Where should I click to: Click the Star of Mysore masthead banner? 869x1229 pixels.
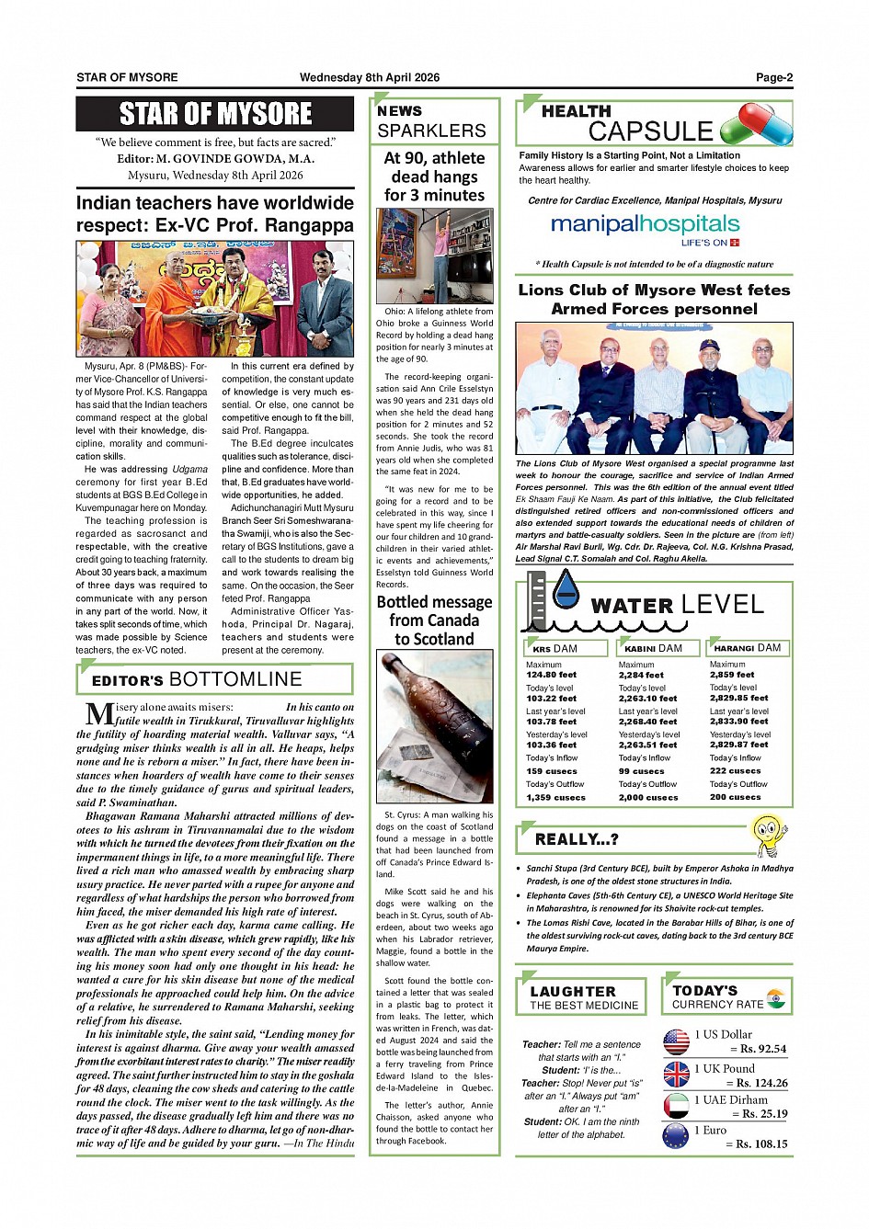point(215,114)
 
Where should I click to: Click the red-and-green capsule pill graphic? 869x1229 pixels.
point(756,124)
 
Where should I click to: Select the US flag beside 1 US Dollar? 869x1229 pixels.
point(676,1041)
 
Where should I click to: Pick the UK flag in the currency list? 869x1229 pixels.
point(676,1075)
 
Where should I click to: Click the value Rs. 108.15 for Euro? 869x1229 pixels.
point(760,1144)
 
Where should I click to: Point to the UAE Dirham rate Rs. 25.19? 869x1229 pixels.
point(760,1114)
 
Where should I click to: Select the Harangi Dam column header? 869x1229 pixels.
point(747,648)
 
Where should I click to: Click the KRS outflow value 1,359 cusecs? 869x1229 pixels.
point(555,797)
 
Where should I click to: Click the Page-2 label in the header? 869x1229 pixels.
point(773,78)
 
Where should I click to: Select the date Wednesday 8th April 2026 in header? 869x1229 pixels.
point(369,78)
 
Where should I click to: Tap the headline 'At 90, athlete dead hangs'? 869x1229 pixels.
point(434,176)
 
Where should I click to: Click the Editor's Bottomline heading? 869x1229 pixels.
point(197,680)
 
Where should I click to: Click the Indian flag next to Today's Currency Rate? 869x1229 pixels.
point(776,998)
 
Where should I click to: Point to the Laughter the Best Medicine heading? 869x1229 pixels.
point(583,997)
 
